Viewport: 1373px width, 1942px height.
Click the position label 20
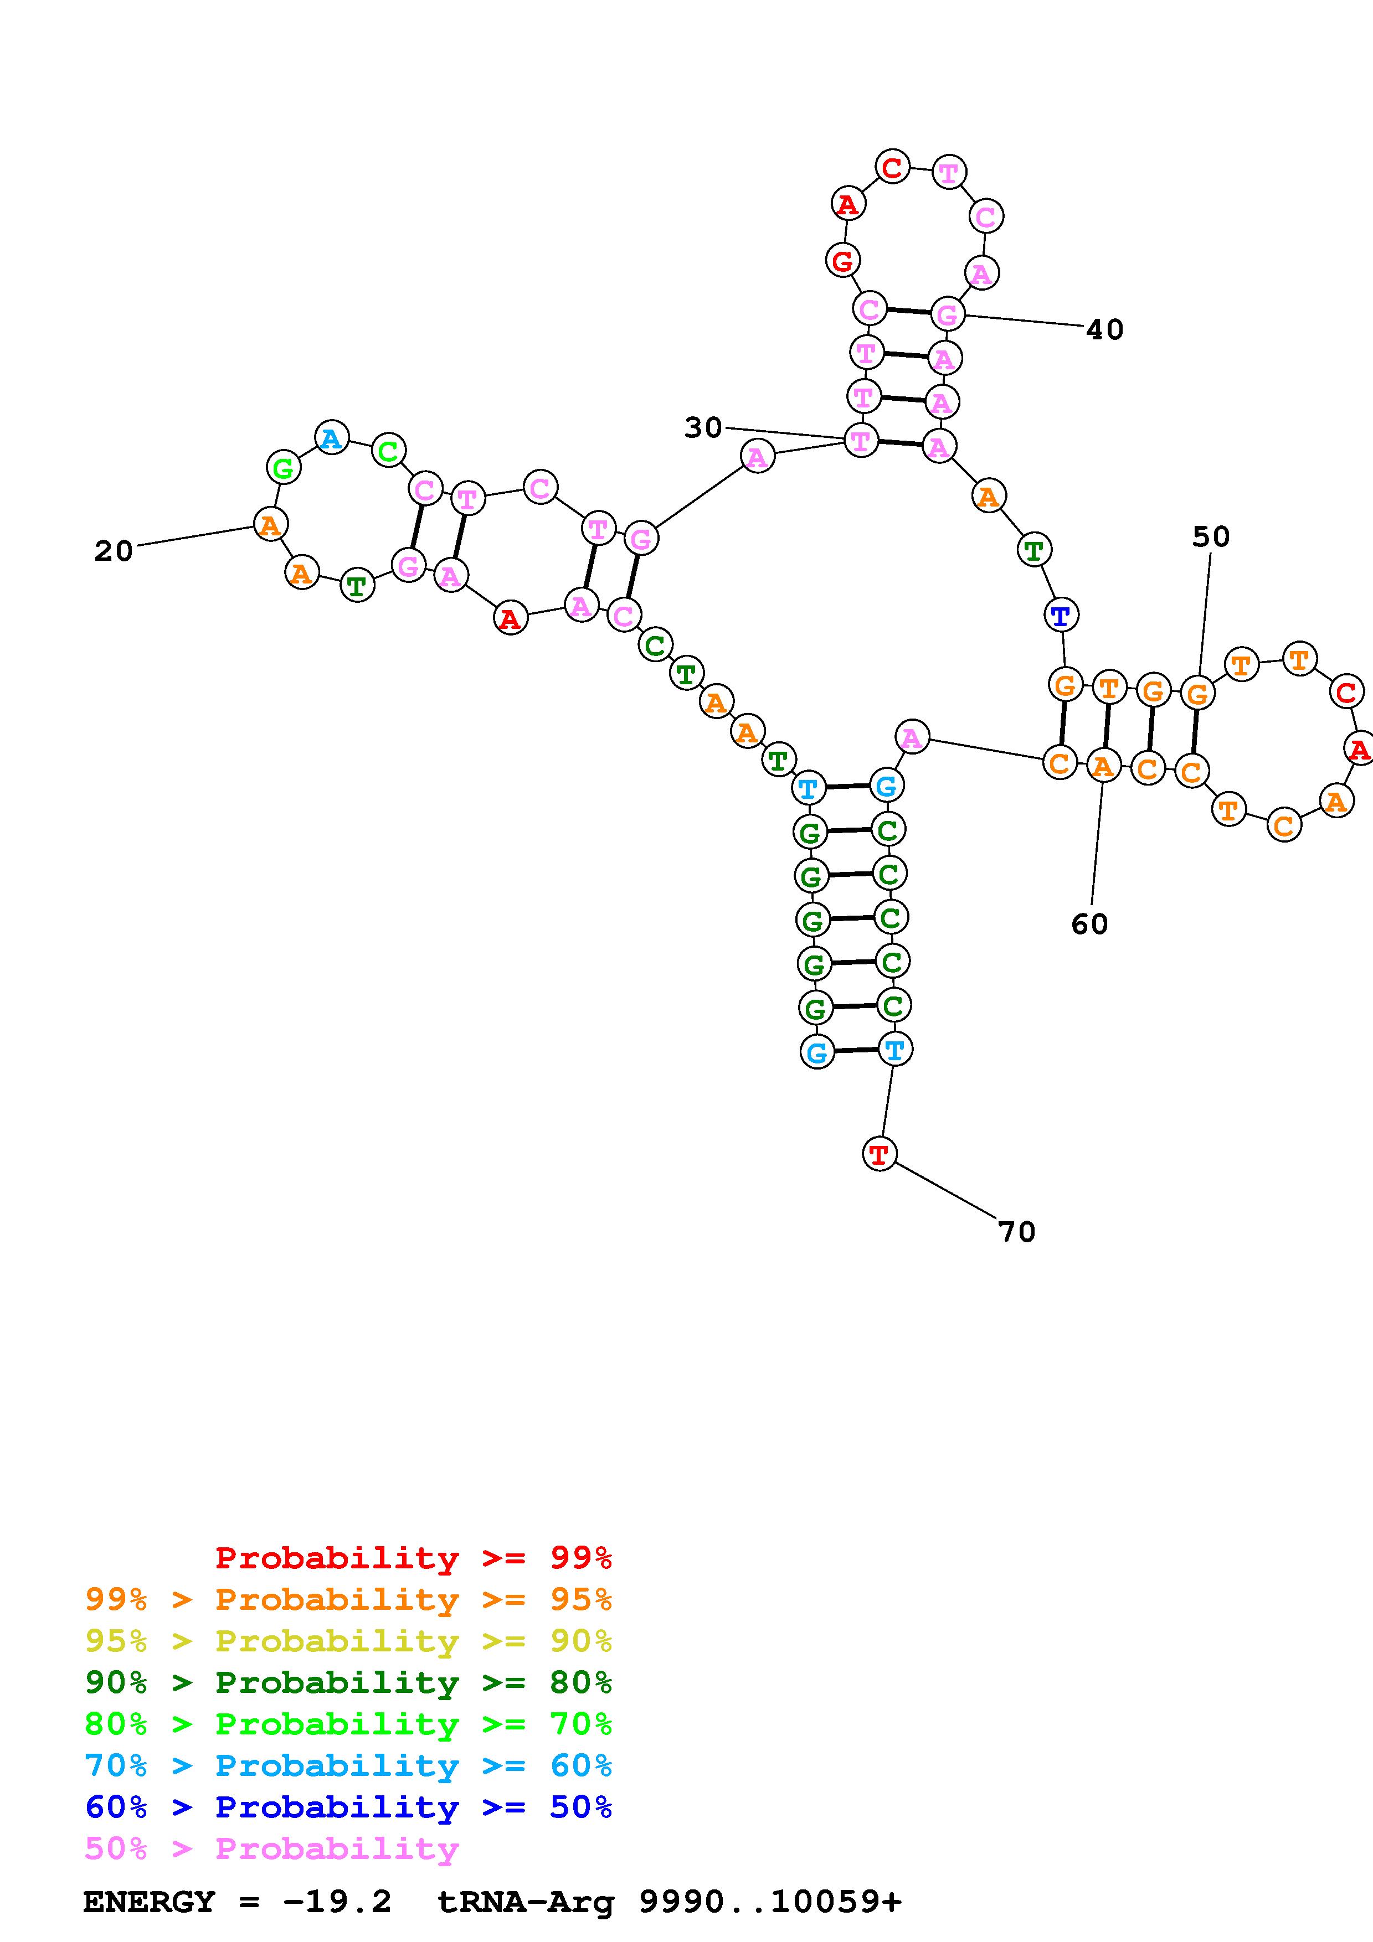tap(114, 551)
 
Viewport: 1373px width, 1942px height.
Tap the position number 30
tap(703, 428)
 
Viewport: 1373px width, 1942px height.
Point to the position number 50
tap(1211, 536)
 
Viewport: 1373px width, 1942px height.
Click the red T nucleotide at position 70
tap(879, 1154)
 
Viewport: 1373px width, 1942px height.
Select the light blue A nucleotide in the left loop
tap(332, 437)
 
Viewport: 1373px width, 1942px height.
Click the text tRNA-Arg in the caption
tap(526, 1902)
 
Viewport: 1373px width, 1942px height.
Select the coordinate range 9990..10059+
tap(770, 1902)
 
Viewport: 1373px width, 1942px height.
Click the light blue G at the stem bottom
tap(816, 1052)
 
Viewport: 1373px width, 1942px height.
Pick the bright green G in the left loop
tap(284, 467)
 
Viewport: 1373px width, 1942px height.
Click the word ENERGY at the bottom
tap(149, 1902)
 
